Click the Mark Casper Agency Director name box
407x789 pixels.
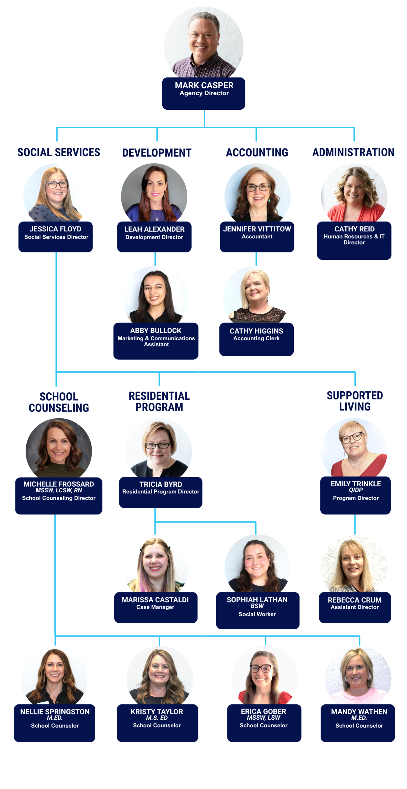[203, 93]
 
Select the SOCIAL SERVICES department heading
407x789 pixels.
[59, 152]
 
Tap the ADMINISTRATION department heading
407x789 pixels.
[353, 152]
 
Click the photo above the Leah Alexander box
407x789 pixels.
[154, 193]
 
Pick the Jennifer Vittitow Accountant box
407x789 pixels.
[257, 236]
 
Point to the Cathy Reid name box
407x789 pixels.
[354, 240]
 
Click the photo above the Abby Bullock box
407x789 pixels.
[155, 294]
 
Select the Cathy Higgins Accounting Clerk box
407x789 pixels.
[256, 339]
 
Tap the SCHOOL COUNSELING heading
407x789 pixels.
[59, 402]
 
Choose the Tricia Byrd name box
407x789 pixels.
[160, 492]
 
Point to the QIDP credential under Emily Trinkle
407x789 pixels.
[355, 490]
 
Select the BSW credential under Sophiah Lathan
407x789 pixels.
[257, 606]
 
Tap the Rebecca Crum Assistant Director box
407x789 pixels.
[355, 607]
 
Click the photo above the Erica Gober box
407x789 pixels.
[264, 675]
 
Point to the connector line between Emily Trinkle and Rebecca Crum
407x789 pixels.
[355, 524]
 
